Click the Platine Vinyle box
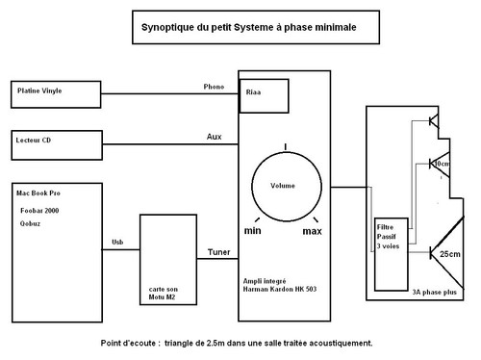tap(56, 93)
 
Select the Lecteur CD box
tap(56, 144)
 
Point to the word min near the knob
tap(253, 232)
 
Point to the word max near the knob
tap(312, 232)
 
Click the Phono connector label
tap(214, 86)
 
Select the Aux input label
tap(214, 137)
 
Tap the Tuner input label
tap(218, 252)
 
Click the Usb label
tap(117, 242)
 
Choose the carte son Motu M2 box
tap(169, 268)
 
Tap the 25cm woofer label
tap(449, 254)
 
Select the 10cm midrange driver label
tap(442, 164)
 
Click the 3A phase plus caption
tap(433, 290)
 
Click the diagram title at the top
tap(243, 29)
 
